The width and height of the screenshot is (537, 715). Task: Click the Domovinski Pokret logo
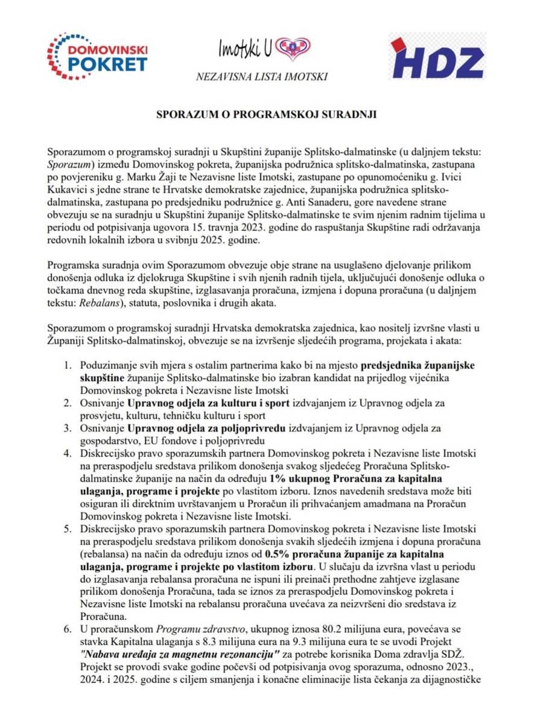coord(97,57)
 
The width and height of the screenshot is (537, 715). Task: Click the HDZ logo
coord(436,57)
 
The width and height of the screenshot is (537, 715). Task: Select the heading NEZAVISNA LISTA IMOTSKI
coord(262,77)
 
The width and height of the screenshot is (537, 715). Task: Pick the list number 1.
coord(67,365)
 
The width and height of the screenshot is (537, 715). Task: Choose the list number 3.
coord(67,427)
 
